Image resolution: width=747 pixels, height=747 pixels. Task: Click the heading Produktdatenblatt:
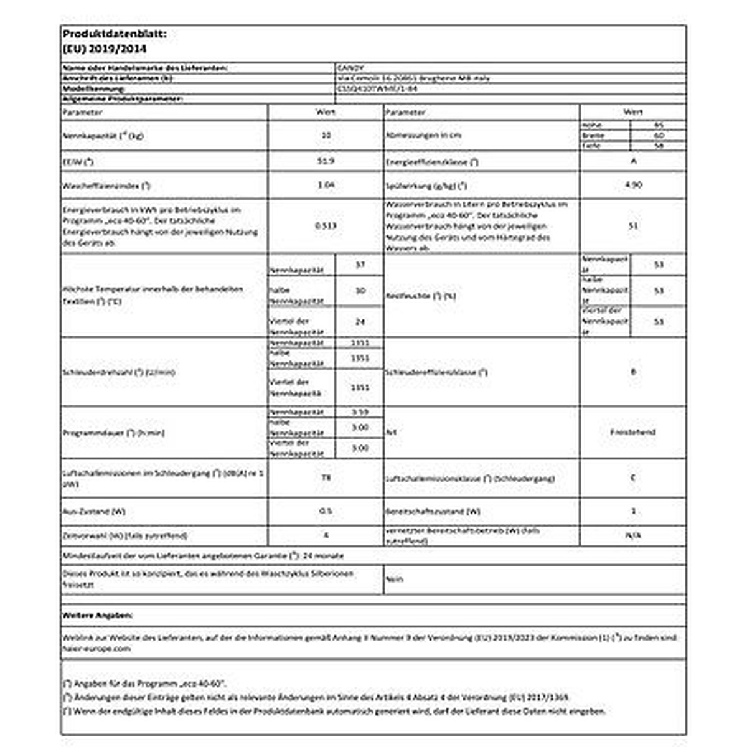pos(115,35)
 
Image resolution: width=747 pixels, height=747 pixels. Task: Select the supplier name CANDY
pos(349,67)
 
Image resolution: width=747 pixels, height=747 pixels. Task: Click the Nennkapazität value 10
pos(326,134)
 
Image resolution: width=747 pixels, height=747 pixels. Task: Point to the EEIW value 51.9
pos(326,161)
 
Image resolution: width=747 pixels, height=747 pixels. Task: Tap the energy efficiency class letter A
pos(633,161)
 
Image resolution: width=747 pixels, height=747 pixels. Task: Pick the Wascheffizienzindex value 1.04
pos(326,185)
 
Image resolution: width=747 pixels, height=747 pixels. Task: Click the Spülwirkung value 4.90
pos(633,185)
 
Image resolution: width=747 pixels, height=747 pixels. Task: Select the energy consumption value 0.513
pos(326,226)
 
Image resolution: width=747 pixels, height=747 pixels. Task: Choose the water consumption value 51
pos(633,226)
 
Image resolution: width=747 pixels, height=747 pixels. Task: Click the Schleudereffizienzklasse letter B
pos(633,372)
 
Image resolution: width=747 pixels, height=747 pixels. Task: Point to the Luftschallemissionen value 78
pos(326,477)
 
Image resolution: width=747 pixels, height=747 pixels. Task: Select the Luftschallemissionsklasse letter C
pos(633,477)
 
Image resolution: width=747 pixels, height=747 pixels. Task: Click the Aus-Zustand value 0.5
pos(326,511)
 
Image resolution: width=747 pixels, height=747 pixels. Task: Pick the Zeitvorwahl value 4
pos(326,535)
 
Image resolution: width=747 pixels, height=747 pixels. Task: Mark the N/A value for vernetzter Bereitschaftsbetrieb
pos(633,535)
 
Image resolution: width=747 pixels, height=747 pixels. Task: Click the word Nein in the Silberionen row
pos(395,579)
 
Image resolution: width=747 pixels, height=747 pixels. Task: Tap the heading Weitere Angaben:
pos(98,615)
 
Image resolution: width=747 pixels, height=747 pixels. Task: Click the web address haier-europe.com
pos(97,648)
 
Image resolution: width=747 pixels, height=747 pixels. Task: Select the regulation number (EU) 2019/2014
pos(105,49)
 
